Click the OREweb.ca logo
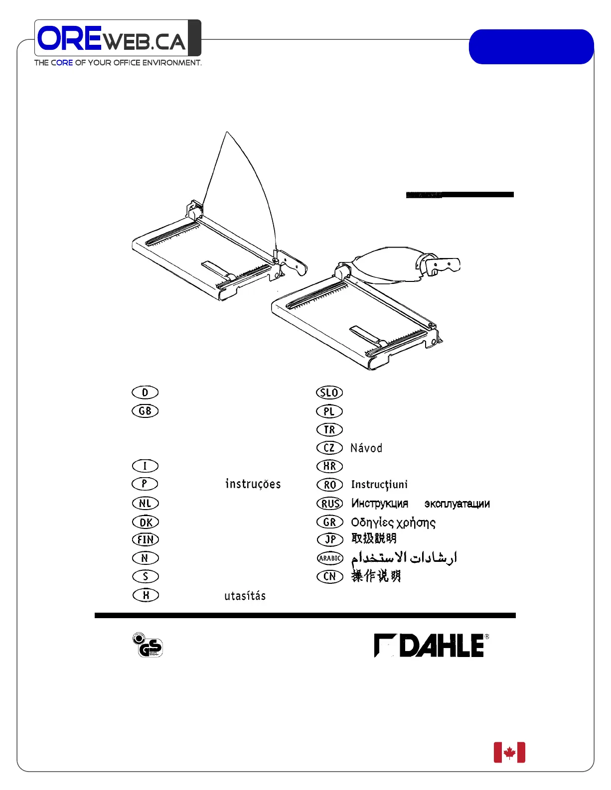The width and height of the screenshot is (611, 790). [118, 38]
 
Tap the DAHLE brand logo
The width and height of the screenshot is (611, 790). [432, 646]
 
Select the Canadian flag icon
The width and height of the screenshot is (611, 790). [509, 752]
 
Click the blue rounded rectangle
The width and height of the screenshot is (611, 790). [531, 47]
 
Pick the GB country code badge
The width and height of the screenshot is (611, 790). [145, 411]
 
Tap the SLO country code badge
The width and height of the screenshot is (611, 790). [329, 393]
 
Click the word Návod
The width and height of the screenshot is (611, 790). [366, 448]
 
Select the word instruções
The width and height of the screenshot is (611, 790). [253, 484]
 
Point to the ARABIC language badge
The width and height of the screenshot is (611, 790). [330, 558]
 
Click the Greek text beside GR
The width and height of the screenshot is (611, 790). [393, 523]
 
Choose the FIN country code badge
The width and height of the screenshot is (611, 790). [145, 539]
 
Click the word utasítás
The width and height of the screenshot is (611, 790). [245, 595]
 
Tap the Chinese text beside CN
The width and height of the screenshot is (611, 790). [376, 576]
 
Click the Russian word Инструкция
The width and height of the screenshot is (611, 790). [380, 503]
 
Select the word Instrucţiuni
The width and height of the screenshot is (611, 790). [379, 484]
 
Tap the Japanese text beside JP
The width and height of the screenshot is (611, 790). [374, 538]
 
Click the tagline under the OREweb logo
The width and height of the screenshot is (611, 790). [118, 63]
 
